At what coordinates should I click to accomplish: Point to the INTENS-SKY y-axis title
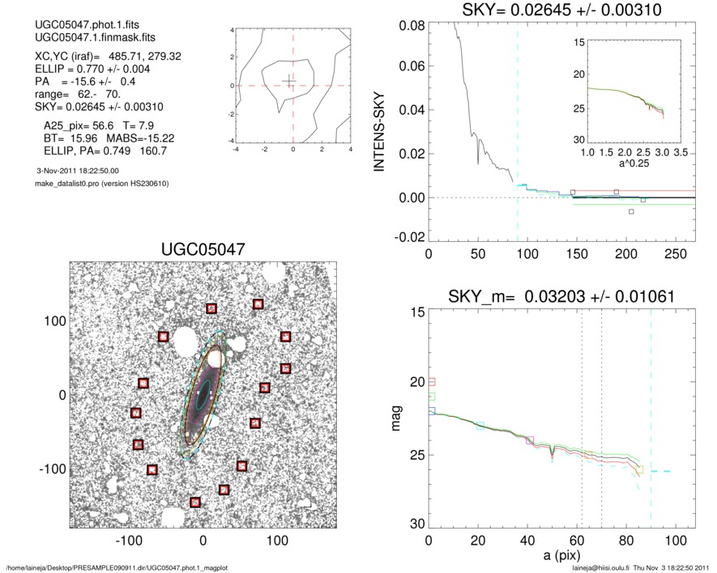pos(379,129)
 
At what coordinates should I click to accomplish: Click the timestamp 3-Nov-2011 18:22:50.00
pos(78,171)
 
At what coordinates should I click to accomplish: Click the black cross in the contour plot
pos(290,80)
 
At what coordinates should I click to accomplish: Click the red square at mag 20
pos(432,381)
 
